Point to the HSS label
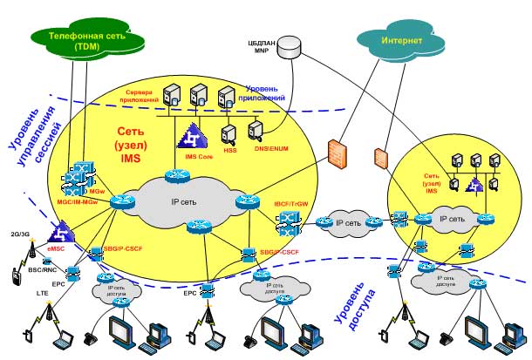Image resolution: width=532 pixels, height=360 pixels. click(230, 149)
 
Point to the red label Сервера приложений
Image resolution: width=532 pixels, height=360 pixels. click(139, 95)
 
